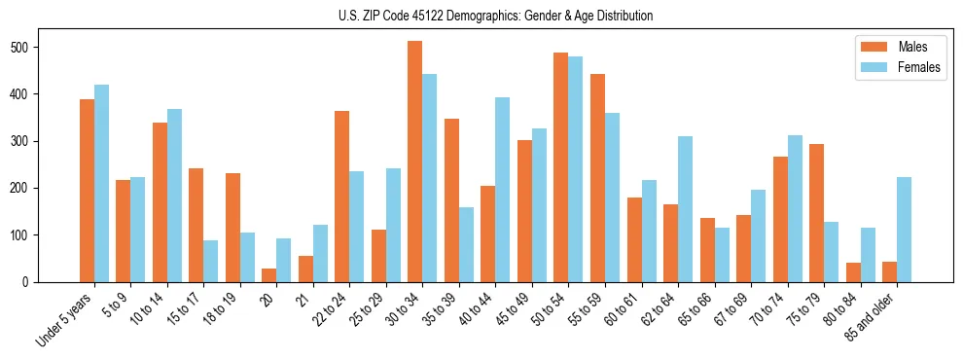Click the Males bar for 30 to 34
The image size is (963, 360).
415,162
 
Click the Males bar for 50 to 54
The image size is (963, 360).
561,167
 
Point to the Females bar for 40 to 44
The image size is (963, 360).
503,189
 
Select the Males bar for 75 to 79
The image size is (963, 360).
816,213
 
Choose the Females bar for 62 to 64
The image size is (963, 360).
685,209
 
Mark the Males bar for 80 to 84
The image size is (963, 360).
853,272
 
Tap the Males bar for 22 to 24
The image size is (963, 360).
342,197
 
